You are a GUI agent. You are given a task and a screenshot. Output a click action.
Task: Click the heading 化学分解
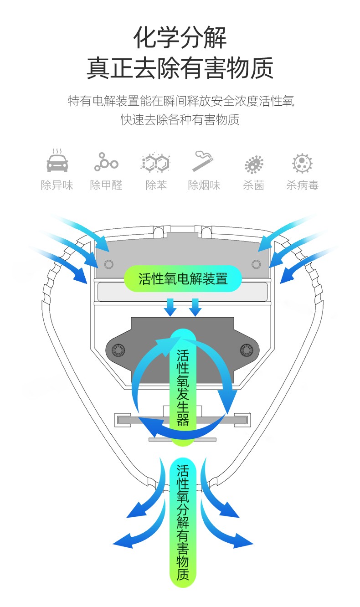pos(180,37)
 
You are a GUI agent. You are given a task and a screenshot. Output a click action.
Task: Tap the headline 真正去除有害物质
pos(180,68)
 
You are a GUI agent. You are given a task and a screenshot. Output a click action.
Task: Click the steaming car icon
pos(57,161)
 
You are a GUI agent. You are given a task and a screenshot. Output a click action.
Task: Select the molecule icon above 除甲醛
pos(106,162)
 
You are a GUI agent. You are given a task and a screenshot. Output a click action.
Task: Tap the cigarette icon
pos(204,161)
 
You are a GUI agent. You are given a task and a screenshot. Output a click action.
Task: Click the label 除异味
pos(57,185)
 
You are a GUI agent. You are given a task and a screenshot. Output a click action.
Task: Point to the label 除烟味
pos(204,185)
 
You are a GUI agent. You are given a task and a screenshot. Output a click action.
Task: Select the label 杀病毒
pos(302,185)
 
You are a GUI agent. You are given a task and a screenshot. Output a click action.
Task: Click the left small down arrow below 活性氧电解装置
pos(170,307)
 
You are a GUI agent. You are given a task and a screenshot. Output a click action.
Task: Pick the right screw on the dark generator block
pos(246,350)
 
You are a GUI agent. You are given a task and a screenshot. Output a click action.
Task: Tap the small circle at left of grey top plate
pos(108,264)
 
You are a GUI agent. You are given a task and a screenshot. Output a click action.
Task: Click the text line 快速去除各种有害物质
pos(180,120)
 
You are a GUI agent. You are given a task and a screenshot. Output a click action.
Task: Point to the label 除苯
pos(155,185)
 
